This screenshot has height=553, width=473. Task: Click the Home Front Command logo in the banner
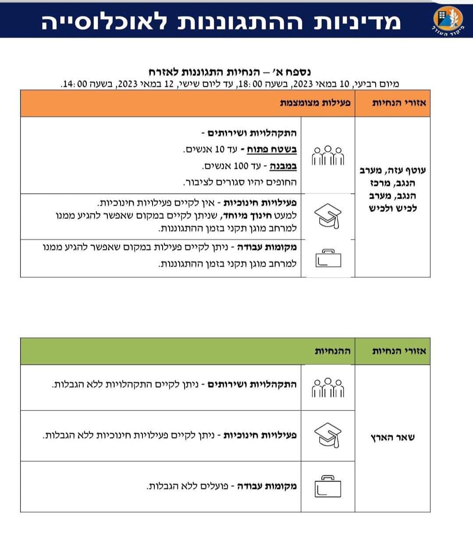pos(448,19)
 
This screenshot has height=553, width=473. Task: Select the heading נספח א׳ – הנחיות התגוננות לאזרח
pos(230,72)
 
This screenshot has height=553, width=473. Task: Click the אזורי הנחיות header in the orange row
pos(399,103)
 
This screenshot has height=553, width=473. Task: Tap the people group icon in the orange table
pos(328,155)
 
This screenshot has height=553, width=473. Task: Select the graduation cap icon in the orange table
pos(328,216)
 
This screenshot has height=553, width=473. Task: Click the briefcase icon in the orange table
pos(328,258)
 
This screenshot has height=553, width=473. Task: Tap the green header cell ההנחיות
pos(332,351)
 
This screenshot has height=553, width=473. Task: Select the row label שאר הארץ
pos(392,437)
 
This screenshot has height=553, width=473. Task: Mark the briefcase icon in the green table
pos(328,486)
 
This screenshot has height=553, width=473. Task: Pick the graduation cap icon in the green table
pos(328,435)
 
